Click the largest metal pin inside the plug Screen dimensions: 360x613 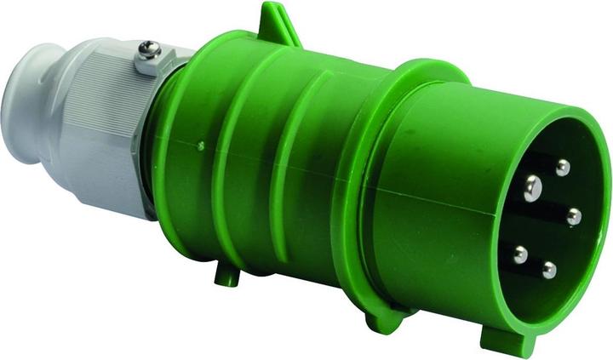coord(533,186)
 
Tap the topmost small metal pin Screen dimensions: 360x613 coord(563,168)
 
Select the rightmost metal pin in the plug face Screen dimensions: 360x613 coord(574,217)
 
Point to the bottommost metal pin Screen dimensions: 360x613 coord(549,271)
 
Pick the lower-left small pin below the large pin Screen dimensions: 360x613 coord(519,254)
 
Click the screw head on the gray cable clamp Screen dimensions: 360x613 coord(150,51)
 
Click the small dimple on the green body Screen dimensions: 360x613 coord(201,146)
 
